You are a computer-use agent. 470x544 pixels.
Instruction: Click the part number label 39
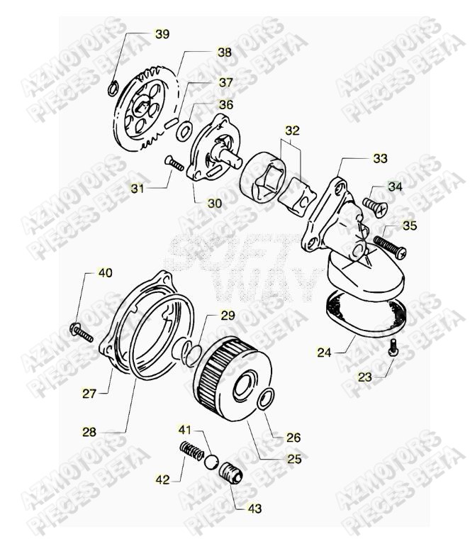pyautogui.click(x=162, y=35)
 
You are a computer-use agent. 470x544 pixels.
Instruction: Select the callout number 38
pyautogui.click(x=224, y=52)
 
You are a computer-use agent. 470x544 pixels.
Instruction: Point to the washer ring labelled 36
pyautogui.click(x=184, y=130)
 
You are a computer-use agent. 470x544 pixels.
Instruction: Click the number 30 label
pyautogui.click(x=214, y=203)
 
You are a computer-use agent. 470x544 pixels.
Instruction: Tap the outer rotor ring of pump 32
pyautogui.click(x=263, y=179)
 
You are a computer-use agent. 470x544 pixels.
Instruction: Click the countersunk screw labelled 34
pyautogui.click(x=374, y=205)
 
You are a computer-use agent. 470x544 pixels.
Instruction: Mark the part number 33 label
pyautogui.click(x=381, y=159)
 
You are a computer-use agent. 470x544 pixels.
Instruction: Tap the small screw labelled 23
pyautogui.click(x=394, y=347)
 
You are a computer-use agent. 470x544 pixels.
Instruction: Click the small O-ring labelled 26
pyautogui.click(x=264, y=400)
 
